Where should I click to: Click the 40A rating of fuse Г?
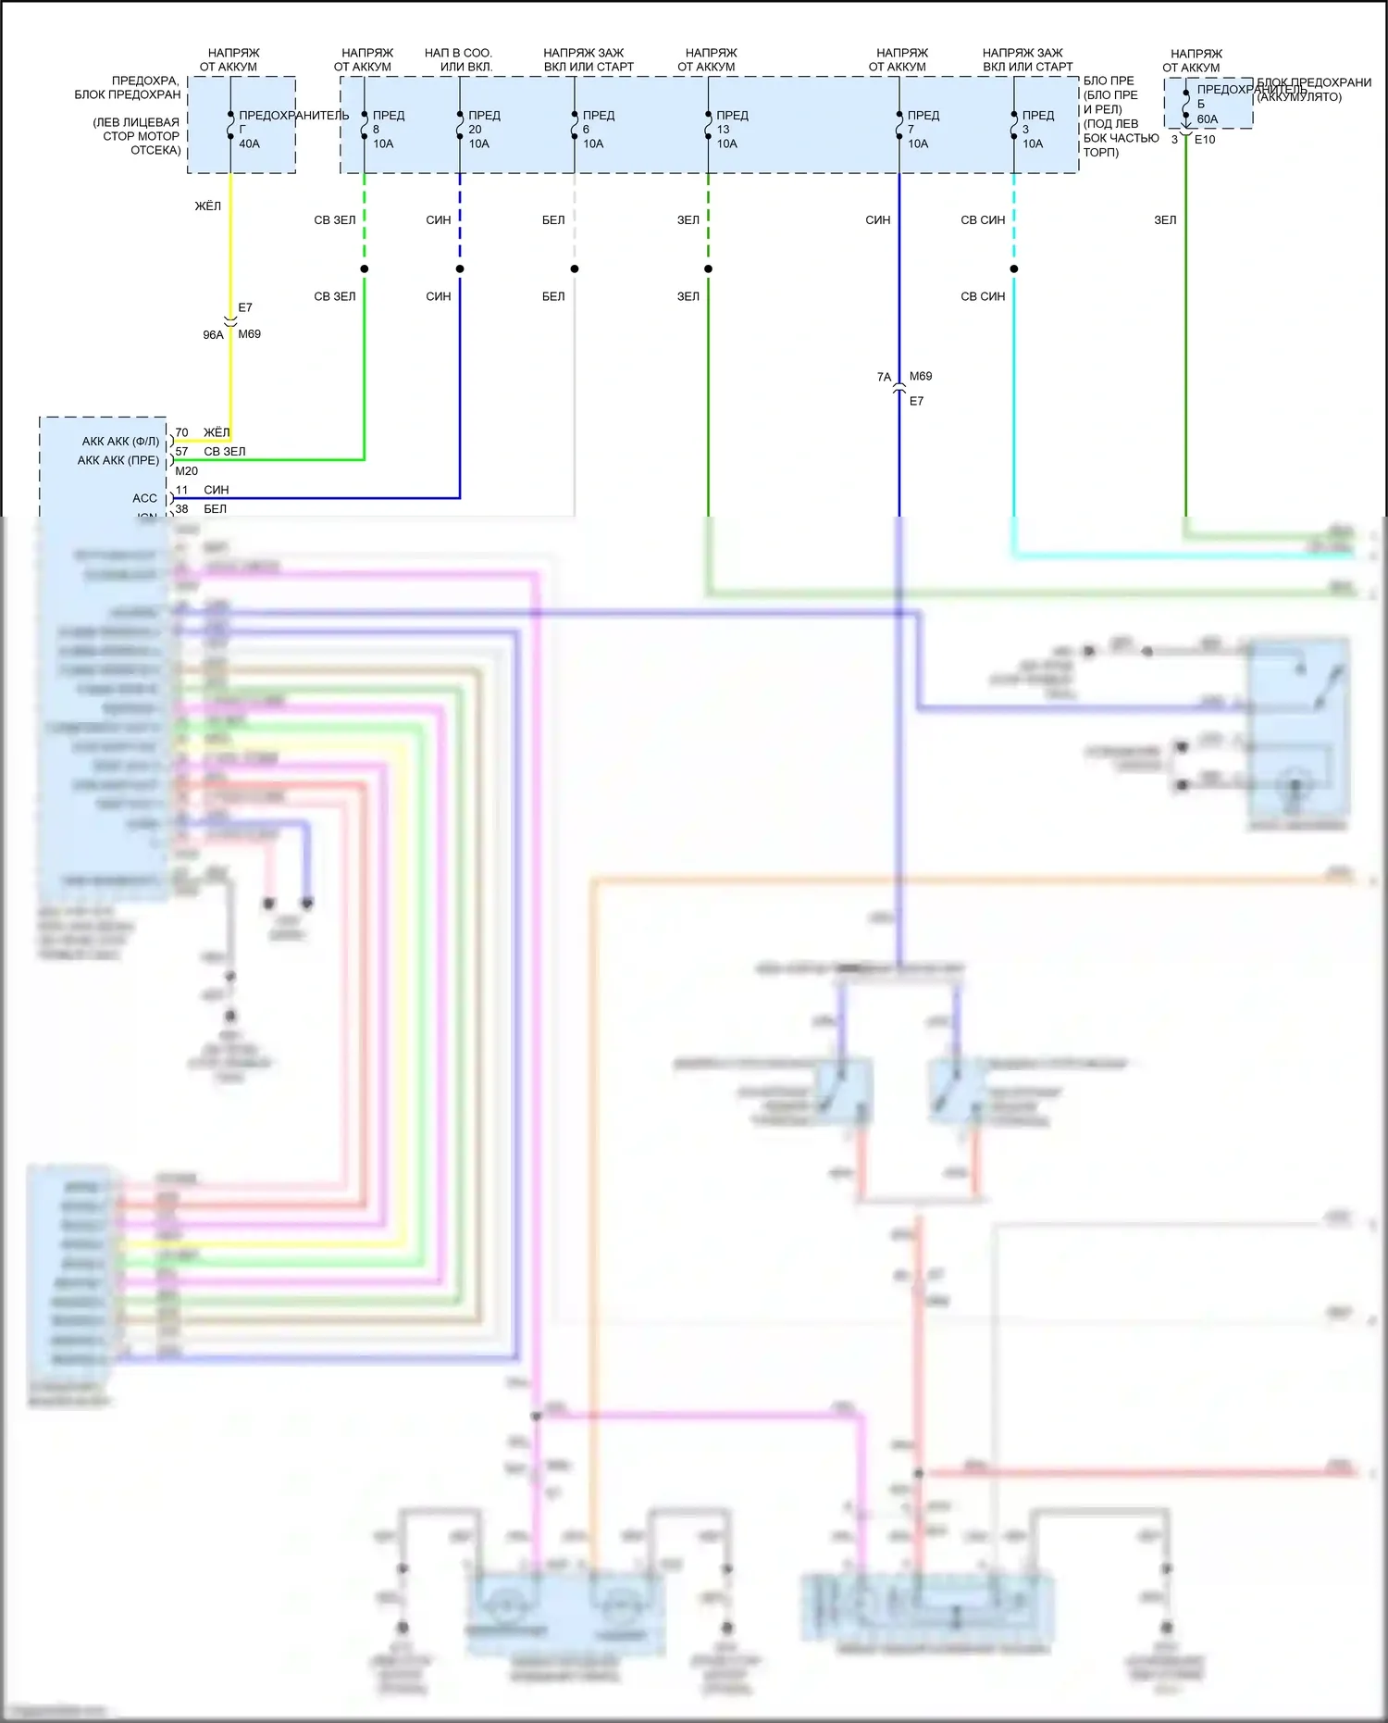[x=249, y=144]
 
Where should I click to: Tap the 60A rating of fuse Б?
[x=1207, y=119]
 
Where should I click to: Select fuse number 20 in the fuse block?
[x=475, y=130]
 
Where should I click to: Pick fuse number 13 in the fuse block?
[x=723, y=130]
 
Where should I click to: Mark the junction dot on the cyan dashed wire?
[x=1014, y=269]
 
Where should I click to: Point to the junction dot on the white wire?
[x=575, y=269]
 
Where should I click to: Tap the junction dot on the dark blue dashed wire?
[x=460, y=269]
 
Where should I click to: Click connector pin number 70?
[x=181, y=432]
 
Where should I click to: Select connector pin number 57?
[x=181, y=452]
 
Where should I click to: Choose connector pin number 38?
[x=181, y=509]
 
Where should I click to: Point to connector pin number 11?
[x=181, y=490]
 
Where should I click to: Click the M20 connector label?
[x=186, y=471]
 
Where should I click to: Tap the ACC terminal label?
[x=144, y=498]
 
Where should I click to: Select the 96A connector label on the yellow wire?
[x=213, y=335]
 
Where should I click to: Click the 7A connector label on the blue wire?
[x=884, y=377]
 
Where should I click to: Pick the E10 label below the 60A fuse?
[x=1204, y=140]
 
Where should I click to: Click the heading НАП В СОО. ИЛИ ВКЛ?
[x=459, y=59]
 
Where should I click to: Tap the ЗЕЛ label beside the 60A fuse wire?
[x=1165, y=220]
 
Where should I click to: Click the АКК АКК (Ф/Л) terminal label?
[x=120, y=442]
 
